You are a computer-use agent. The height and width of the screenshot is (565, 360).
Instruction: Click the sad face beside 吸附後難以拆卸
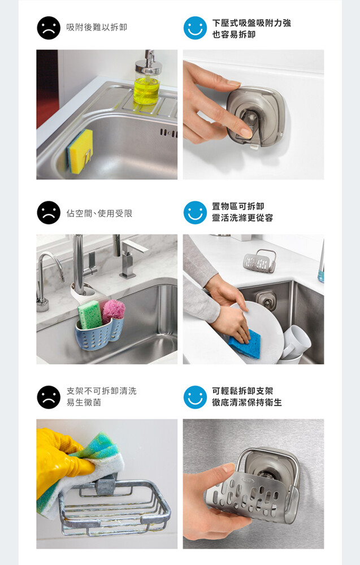pyautogui.click(x=49, y=28)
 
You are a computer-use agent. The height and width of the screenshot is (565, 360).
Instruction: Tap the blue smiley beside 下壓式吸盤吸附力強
pyautogui.click(x=195, y=28)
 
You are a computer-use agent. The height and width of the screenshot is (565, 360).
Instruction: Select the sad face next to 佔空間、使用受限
pyautogui.click(x=49, y=212)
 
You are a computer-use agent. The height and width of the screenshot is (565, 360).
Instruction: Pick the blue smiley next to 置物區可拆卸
pyautogui.click(x=195, y=212)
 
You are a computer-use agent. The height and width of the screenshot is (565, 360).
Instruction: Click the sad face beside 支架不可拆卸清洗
pyautogui.click(x=49, y=397)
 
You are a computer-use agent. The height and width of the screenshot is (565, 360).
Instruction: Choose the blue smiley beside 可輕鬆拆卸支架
pyautogui.click(x=195, y=397)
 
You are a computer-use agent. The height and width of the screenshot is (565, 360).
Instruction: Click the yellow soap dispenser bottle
pyautogui.click(x=147, y=81)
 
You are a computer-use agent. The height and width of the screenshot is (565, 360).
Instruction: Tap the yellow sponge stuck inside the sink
pyautogui.click(x=80, y=151)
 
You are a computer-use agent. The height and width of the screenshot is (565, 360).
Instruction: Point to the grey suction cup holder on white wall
pyautogui.click(x=255, y=117)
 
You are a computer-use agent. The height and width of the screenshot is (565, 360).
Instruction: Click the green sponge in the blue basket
pyautogui.click(x=89, y=315)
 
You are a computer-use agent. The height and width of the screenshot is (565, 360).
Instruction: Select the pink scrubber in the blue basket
pyautogui.click(x=114, y=311)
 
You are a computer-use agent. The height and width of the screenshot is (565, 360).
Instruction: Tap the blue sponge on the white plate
pyautogui.click(x=245, y=343)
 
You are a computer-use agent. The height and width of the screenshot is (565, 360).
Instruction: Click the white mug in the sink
pyautogui.click(x=296, y=342)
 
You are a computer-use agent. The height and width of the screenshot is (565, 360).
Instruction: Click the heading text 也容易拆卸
pyautogui.click(x=234, y=34)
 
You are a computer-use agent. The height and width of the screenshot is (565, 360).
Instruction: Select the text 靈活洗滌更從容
pyautogui.click(x=242, y=218)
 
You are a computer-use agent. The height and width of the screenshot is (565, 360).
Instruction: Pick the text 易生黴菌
pyautogui.click(x=84, y=402)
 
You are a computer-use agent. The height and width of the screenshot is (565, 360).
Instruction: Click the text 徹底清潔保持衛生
pyautogui.click(x=247, y=402)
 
